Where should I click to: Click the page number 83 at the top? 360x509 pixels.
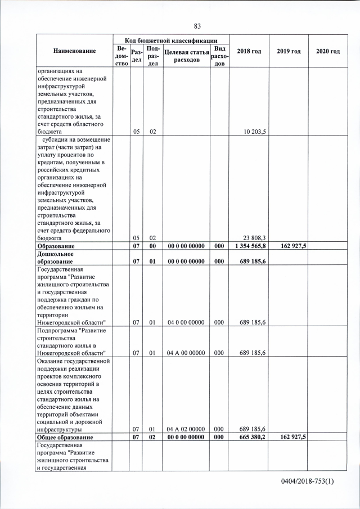197,26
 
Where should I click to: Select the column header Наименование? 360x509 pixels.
74,51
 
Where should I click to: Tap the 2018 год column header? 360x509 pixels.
249,51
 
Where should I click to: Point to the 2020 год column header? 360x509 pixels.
328,51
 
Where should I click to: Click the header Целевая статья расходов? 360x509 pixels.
186,56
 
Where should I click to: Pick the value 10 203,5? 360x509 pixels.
255,132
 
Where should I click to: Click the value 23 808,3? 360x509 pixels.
255,238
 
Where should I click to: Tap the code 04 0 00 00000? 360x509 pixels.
186,322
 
